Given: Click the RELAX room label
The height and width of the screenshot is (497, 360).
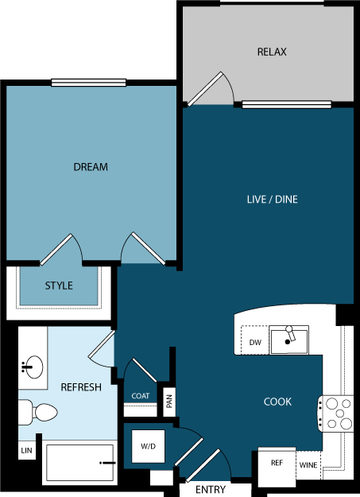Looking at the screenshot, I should [271, 52].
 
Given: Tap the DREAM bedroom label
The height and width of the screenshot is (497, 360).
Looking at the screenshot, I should [91, 167].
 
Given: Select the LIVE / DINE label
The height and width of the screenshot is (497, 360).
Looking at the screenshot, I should [272, 199].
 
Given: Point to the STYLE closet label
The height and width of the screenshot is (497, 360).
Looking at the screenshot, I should [59, 285].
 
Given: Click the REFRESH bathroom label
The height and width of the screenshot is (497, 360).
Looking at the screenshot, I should [81, 387].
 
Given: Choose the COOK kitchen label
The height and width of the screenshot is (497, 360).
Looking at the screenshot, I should [277, 402].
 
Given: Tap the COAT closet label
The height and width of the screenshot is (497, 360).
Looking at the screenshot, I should [141, 396].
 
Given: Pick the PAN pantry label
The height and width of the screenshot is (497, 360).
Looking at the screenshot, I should [169, 402].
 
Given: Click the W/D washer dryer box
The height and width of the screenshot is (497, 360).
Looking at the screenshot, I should [149, 447].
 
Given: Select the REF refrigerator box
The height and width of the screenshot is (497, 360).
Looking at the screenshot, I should [277, 463].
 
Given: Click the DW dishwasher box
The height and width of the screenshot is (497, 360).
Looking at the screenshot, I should [254, 342].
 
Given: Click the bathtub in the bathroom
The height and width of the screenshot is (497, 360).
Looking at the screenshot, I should [79, 463].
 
